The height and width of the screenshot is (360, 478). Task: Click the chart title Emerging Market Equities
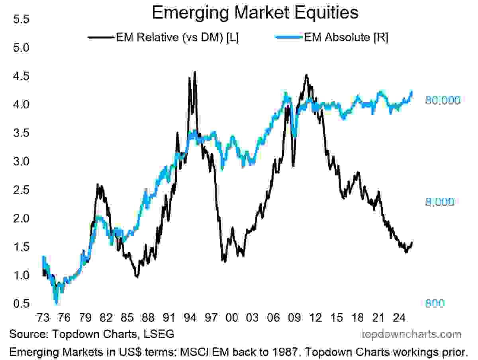pos(255,13)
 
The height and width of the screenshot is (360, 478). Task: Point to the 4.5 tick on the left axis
pos(21,76)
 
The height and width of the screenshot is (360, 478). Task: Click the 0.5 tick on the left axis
pos(21,303)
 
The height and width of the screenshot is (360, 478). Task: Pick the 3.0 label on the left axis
pos(21,161)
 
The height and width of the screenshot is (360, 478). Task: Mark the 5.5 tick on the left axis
pos(21,19)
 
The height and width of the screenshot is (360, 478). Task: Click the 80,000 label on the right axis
pos(443,100)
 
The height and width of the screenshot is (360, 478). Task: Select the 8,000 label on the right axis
pos(439,202)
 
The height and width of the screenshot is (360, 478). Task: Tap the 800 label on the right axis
pos(435,303)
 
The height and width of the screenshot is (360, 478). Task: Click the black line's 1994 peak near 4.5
pos(194,72)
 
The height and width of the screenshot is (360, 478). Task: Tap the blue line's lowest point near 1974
pos(56,304)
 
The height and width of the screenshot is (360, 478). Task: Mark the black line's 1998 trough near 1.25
pos(224,262)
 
